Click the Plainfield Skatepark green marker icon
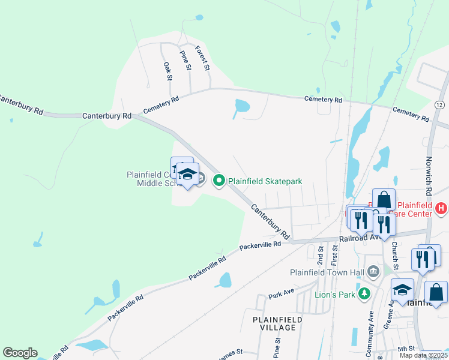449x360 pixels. pos(219,180)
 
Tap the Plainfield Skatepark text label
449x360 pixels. pos(264,181)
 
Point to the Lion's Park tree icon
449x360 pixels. pos(363,293)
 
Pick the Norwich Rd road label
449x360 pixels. pos(427,178)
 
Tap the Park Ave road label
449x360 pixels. pos(282,295)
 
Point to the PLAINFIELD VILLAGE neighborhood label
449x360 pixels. pos(274,323)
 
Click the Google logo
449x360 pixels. pos(20,353)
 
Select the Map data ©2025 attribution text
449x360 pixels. pos(423,355)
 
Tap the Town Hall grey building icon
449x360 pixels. pos(374,271)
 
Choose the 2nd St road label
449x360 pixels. pos(321,256)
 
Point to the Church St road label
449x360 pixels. pos(395,252)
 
